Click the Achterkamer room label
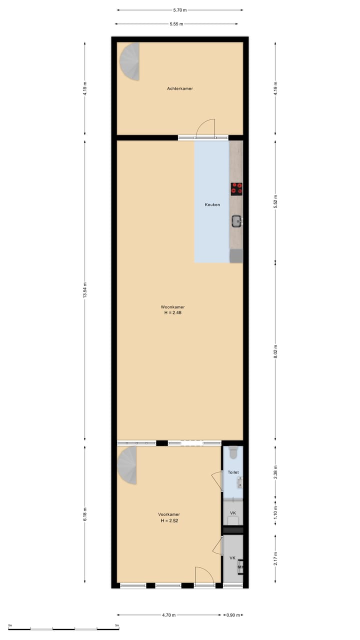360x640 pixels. click(x=180, y=88)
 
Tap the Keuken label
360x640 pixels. click(x=212, y=204)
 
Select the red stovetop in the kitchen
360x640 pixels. click(x=237, y=188)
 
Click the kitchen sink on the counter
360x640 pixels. click(x=236, y=220)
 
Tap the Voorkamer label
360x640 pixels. click(x=169, y=514)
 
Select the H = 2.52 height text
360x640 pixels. click(x=169, y=520)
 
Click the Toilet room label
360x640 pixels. click(x=233, y=472)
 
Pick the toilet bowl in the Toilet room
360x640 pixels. click(x=233, y=453)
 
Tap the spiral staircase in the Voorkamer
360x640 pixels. click(x=128, y=465)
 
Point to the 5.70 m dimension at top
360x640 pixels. click(x=180, y=9)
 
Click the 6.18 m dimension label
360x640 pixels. click(x=85, y=514)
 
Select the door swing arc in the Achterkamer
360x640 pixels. click(x=205, y=127)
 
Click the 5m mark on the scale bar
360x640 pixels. click(x=117, y=625)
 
